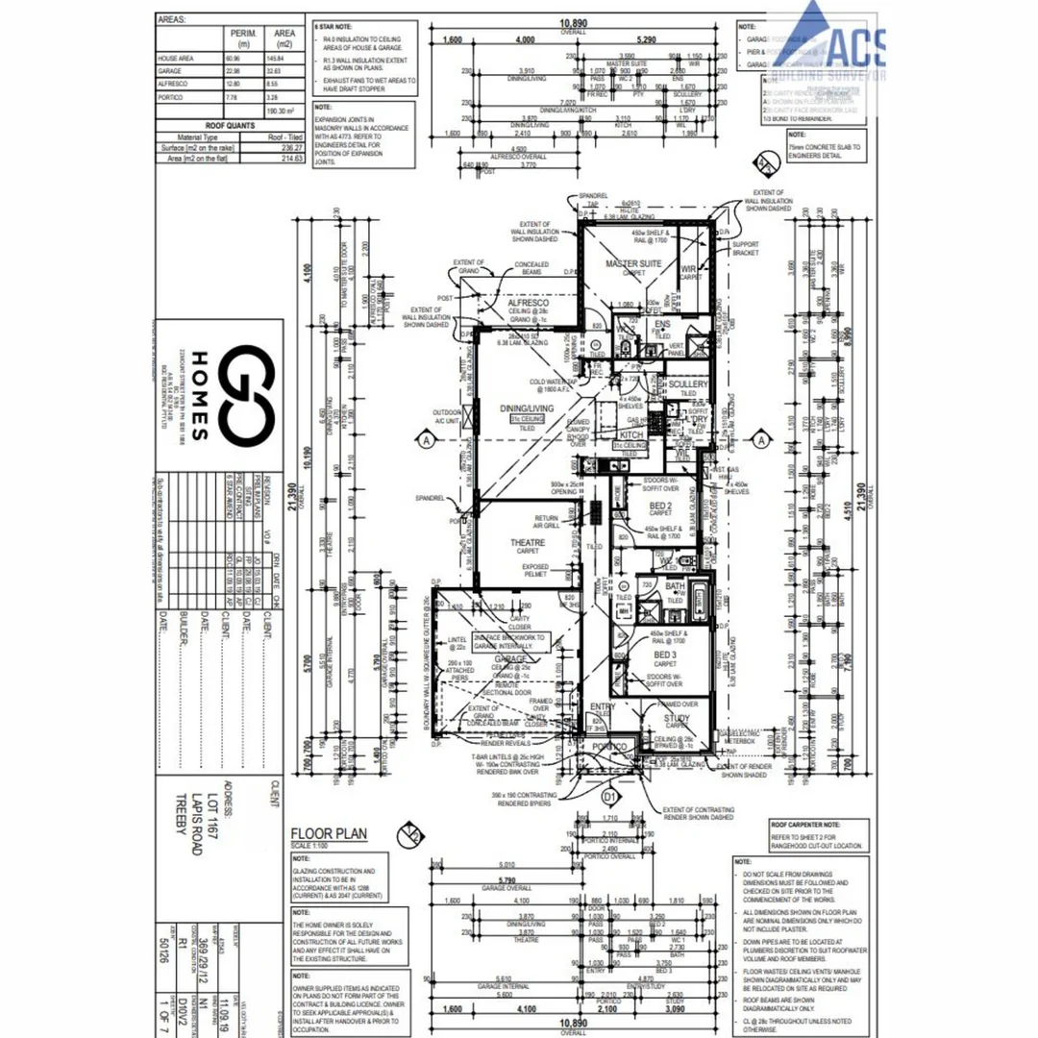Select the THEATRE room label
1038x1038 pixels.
[x=528, y=543]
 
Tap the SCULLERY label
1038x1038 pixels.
[x=687, y=384]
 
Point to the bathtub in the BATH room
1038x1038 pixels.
[x=698, y=603]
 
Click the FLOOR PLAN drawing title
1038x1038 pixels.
[x=329, y=833]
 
